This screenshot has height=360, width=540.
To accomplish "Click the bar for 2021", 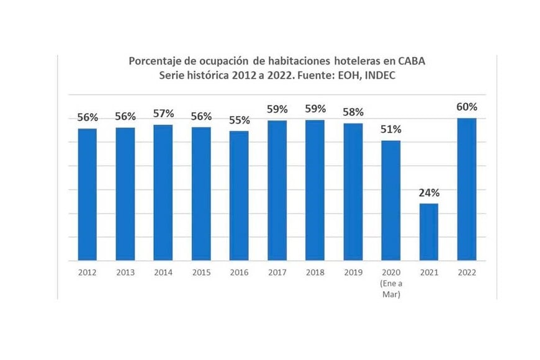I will [x=428, y=232].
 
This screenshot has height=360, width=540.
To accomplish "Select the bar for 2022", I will [x=466, y=189].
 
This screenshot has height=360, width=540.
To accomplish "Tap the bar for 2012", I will [x=87, y=194].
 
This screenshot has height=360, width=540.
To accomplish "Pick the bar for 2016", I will [x=239, y=196].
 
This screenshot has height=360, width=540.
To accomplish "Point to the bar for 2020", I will [x=390, y=200].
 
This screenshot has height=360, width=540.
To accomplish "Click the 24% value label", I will [x=428, y=192].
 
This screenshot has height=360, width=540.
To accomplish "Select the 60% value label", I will [x=467, y=107].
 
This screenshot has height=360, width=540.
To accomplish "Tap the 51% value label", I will [x=391, y=129].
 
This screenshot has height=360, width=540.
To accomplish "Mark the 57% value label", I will [x=163, y=114].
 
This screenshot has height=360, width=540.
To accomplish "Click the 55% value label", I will [x=239, y=120].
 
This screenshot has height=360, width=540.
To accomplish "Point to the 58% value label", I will [x=353, y=112].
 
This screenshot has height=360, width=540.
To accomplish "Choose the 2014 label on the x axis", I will [x=163, y=272].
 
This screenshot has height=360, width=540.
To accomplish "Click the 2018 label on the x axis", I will [x=315, y=272].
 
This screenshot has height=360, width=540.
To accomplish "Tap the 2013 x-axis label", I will [x=125, y=272].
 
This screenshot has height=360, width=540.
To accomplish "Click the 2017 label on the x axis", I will [x=277, y=272].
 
